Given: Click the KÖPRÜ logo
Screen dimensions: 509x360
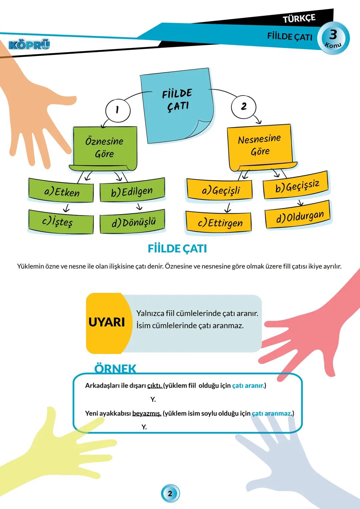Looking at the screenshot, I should (29, 45).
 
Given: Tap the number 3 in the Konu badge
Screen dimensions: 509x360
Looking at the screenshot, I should (333, 34).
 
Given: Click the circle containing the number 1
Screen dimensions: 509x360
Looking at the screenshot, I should (117, 110).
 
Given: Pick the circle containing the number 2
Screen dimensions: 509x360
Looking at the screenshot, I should (244, 106).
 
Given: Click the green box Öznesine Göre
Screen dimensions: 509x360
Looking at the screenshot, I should (104, 147).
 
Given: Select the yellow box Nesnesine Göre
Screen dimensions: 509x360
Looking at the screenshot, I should (260, 145).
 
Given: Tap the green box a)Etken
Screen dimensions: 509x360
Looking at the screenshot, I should (61, 192).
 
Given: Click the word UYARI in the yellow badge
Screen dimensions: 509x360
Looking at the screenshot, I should (107, 322).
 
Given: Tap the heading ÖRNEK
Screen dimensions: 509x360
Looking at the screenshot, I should (115, 368).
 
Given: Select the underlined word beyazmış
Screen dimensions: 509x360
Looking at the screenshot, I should (147, 413).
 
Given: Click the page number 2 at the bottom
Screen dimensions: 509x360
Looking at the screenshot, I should (170, 493).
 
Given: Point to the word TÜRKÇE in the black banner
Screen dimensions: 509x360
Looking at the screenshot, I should (299, 19).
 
